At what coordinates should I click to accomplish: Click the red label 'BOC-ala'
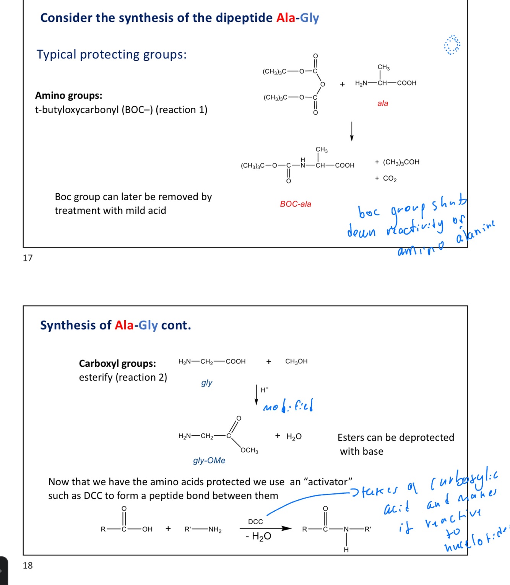(296, 204)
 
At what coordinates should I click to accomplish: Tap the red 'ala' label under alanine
(383, 103)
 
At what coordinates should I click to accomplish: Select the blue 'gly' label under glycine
(206, 382)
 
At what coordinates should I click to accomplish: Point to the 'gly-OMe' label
(209, 460)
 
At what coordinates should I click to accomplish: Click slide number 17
(28, 258)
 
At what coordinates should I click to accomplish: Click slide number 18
(28, 565)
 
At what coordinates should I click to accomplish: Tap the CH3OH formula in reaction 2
(296, 361)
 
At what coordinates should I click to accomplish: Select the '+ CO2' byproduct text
(386, 178)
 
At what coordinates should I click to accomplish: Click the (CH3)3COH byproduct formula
(401, 162)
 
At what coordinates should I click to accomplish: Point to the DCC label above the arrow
(255, 522)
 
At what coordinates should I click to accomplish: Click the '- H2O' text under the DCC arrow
(258, 536)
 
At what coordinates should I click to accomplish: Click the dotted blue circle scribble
(452, 45)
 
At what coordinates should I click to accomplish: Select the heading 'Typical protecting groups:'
(112, 55)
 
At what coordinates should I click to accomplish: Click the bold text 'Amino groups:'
(69, 96)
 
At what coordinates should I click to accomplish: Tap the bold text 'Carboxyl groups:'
(117, 363)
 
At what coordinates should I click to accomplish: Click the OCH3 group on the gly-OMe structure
(249, 450)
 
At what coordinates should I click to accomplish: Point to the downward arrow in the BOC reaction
(352, 131)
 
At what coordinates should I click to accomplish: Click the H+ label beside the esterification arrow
(265, 390)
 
